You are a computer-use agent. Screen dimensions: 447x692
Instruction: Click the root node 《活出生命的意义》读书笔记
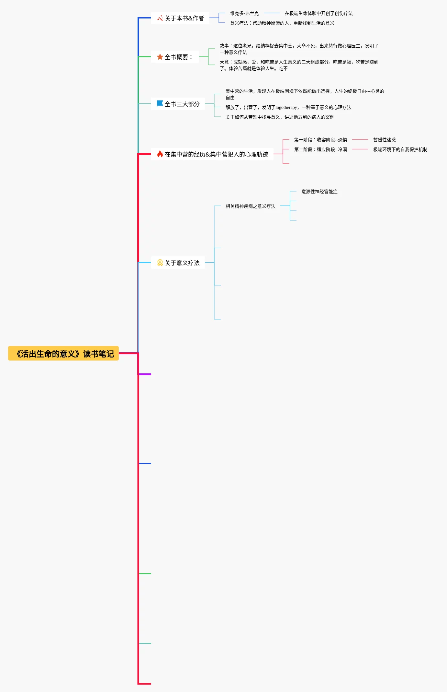[63, 353]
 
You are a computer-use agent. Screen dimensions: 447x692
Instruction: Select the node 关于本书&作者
[180, 18]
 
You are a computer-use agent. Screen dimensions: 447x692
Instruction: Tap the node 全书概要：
[175, 57]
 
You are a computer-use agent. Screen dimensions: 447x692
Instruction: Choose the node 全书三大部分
[178, 104]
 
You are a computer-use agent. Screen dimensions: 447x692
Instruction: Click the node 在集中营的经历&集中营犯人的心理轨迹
[212, 154]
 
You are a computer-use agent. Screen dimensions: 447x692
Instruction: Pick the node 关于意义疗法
[178, 263]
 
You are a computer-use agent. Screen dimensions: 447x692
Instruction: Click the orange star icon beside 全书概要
[160, 57]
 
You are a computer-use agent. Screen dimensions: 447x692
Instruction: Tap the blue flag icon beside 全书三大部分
[160, 104]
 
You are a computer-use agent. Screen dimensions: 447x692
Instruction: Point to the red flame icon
[160, 154]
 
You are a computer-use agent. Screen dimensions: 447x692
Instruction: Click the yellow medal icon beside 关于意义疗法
[160, 263]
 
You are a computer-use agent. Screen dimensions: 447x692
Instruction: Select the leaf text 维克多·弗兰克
[244, 13]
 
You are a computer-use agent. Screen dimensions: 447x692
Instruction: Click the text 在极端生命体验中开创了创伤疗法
[319, 13]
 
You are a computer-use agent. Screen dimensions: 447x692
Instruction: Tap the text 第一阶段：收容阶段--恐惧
[320, 140]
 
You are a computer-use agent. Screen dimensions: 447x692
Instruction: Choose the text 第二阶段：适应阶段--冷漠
[320, 149]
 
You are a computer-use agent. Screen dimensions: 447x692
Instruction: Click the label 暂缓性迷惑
[385, 140]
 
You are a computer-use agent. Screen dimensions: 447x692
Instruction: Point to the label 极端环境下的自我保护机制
[400, 149]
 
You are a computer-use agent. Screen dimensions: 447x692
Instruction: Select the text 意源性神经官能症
[319, 192]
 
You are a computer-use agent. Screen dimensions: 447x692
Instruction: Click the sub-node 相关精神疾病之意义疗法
[251, 206]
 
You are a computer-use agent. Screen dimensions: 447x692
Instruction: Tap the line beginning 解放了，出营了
[288, 107]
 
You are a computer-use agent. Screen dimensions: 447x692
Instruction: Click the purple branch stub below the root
[145, 374]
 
